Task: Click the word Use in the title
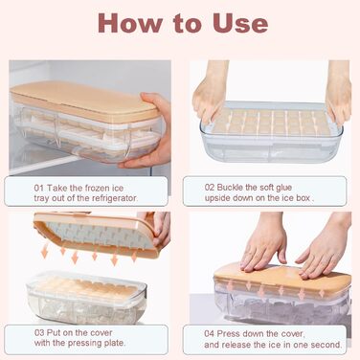[240, 23]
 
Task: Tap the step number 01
[38, 188]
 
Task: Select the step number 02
[210, 188]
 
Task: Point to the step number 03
[39, 332]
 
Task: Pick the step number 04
[210, 334]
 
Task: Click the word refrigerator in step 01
[115, 198]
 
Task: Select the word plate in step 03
[114, 344]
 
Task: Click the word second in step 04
[327, 345]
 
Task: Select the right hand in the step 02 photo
[339, 92]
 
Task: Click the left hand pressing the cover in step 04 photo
[263, 245]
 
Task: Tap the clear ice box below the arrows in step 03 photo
[86, 296]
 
